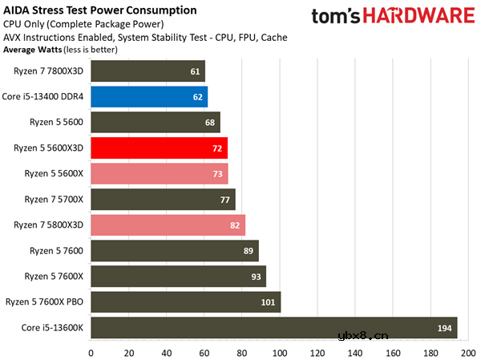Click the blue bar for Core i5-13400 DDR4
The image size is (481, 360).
coord(149,97)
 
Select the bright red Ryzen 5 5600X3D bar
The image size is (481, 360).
coord(159,148)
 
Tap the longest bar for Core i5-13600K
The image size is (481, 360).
coord(273,327)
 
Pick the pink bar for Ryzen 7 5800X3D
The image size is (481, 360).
coord(168,225)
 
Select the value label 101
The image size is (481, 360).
coord(269,302)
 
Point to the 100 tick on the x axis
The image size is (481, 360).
coord(279,351)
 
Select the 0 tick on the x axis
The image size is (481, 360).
coord(91,351)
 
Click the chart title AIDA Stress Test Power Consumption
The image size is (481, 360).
coord(99,10)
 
